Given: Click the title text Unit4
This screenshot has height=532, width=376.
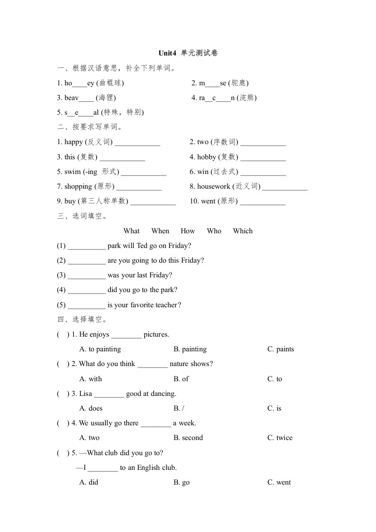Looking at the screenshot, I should (x=167, y=53).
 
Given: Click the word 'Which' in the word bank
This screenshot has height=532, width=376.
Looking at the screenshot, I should (x=243, y=231).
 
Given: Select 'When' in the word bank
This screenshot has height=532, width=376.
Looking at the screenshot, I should (x=160, y=231).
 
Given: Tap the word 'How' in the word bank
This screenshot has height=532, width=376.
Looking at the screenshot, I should (x=188, y=231).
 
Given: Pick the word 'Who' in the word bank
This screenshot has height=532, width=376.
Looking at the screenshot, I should (x=214, y=231).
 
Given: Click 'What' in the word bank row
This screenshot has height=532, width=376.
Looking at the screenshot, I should (x=131, y=231).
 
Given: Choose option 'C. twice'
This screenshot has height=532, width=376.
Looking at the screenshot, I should (x=280, y=438).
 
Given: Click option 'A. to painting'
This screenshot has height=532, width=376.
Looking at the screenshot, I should (x=100, y=349).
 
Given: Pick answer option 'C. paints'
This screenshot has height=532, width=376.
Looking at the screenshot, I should (x=280, y=349).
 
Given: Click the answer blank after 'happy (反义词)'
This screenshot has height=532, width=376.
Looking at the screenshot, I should (x=138, y=143).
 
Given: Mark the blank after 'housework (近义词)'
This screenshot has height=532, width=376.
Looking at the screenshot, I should (x=285, y=187).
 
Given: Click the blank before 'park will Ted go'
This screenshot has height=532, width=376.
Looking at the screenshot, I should (x=86, y=247).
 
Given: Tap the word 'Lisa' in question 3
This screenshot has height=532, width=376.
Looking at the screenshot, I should (x=85, y=394).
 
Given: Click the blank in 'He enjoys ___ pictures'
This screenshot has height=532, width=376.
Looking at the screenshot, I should (x=126, y=335).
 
